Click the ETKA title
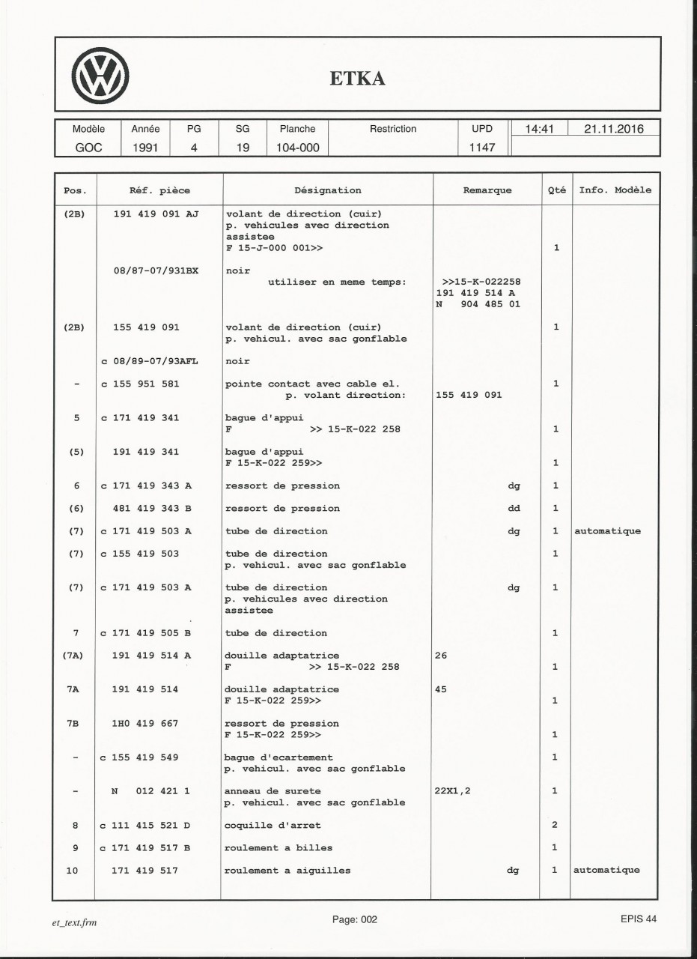358,78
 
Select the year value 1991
145,148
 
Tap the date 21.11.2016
613,129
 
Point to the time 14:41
539,129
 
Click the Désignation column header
328,190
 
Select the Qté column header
556,190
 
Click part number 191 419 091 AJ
155,214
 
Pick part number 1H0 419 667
146,724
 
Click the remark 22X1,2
453,790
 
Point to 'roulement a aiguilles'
288,871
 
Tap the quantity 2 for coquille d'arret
556,825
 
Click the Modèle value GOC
88,148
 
